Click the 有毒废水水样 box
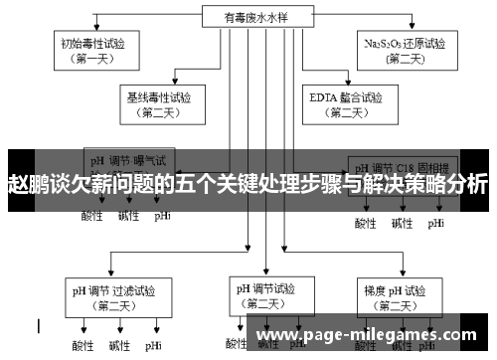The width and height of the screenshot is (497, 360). [x=248, y=16]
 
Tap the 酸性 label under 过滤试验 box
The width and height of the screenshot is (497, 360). [x=83, y=346]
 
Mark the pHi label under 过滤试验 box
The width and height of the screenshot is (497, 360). [x=153, y=346]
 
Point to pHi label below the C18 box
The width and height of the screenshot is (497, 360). [x=436, y=223]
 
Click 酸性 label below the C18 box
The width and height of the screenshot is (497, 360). [x=366, y=223]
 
